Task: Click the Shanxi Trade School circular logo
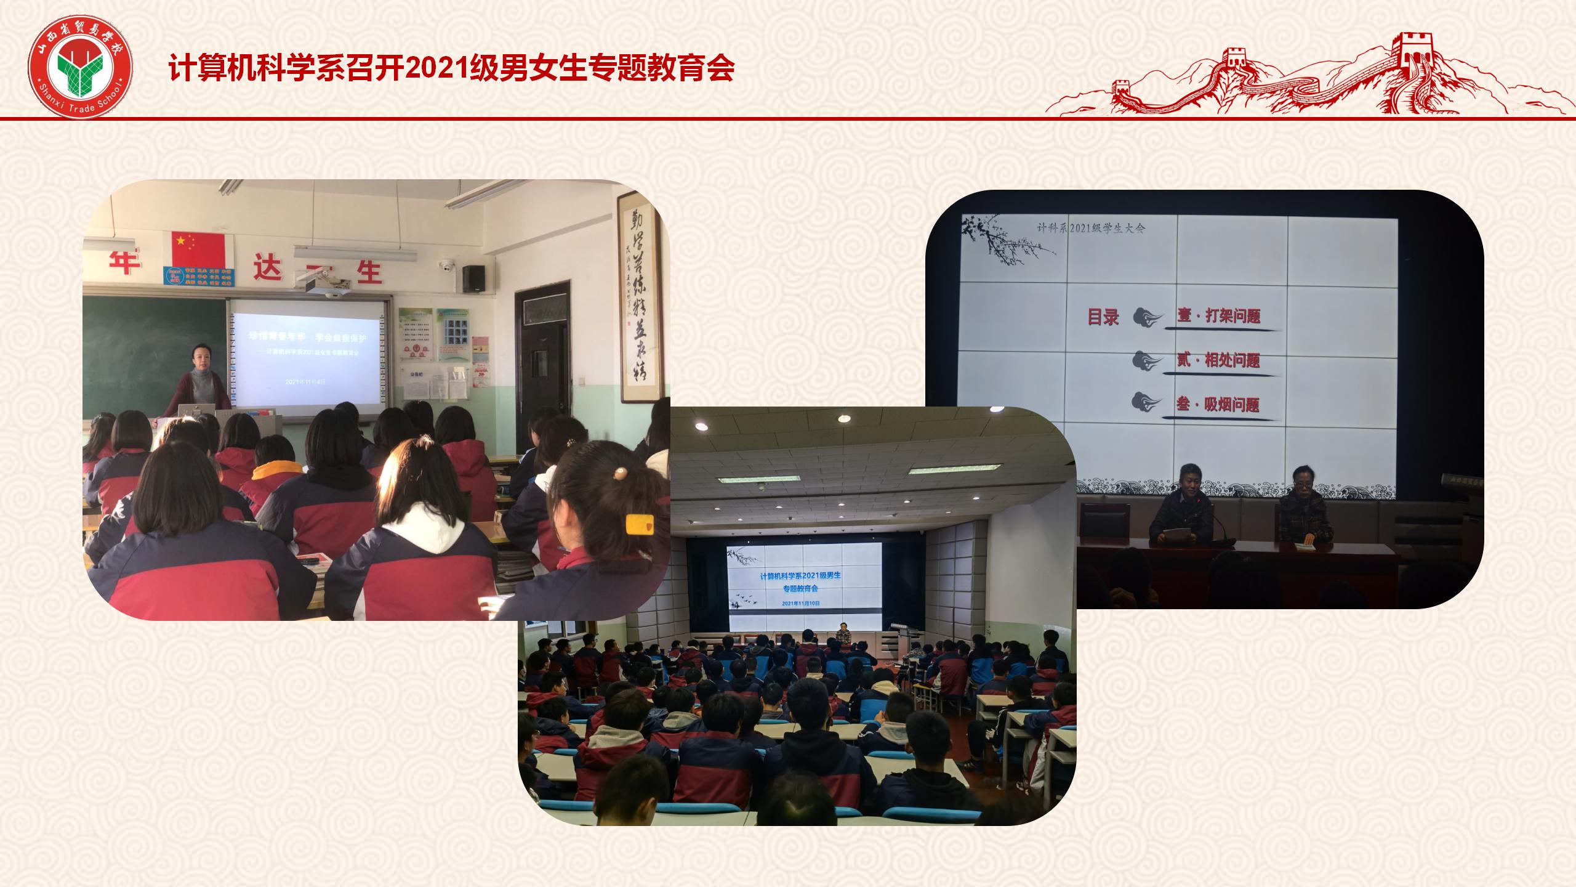click(x=80, y=70)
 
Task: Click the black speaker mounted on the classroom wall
click(x=473, y=278)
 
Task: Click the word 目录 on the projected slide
click(x=1103, y=318)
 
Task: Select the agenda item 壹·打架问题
click(x=1219, y=317)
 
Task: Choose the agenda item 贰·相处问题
click(x=1219, y=360)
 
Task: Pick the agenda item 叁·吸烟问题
click(x=1219, y=405)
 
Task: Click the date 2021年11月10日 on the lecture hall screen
click(x=801, y=604)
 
